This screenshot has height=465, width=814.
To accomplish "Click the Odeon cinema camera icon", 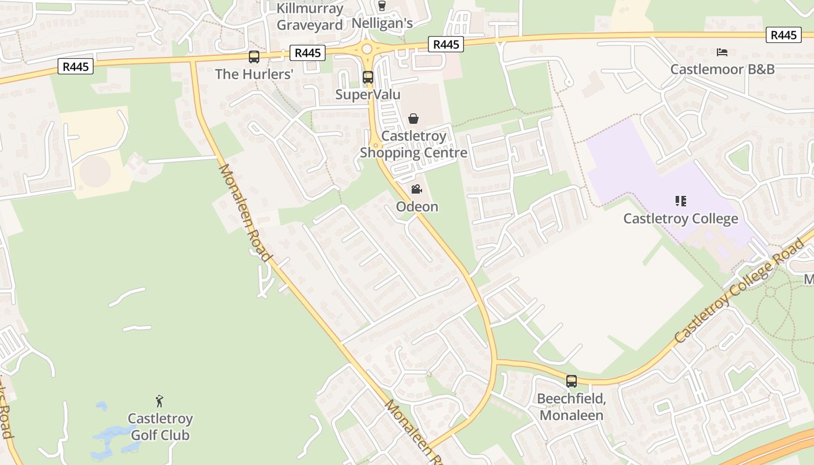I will [416, 189].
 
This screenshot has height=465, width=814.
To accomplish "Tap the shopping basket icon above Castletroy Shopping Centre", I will [413, 119].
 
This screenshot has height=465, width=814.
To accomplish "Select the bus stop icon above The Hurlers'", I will [254, 57].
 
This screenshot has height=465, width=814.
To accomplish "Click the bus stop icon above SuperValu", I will [367, 77].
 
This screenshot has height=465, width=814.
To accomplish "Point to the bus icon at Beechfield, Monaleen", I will [572, 381].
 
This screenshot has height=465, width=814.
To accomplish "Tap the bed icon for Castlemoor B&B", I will [722, 52].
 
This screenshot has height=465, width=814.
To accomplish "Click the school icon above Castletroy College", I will [680, 201].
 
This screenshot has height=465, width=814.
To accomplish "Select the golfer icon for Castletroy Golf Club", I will [159, 401].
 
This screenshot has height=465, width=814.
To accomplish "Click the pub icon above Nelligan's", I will [382, 6].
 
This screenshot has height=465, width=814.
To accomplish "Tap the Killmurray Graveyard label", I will [309, 17].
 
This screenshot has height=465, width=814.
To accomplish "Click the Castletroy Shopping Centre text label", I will [413, 145].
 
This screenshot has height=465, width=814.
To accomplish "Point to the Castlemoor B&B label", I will [722, 69].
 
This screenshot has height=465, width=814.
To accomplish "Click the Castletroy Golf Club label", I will [160, 427].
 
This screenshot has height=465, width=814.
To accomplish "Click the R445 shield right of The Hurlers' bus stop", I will [308, 53].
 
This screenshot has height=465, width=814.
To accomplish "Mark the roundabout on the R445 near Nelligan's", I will [366, 49].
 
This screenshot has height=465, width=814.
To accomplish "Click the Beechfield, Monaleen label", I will [572, 407].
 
